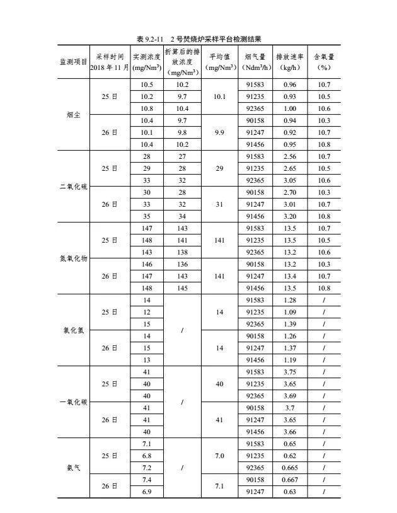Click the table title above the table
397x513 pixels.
coord(198,39)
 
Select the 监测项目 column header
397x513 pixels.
coord(73,61)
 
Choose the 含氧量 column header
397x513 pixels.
coord(324,61)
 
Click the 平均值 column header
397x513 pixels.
coord(219,61)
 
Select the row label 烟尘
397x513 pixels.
coord(73,115)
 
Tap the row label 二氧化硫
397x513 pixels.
coord(73,187)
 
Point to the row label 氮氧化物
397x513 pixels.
coord(73,258)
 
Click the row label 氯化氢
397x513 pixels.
coord(73,330)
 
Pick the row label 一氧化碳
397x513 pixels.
coord(73,402)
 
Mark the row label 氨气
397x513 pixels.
coord(73,468)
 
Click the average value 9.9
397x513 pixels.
coord(219,132)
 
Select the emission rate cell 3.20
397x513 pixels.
coord(290,216)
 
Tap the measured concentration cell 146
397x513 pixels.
coord(147,264)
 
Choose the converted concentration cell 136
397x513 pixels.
coord(182,264)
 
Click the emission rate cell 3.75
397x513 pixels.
coord(290,372)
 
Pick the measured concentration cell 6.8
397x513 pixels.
coord(147,456)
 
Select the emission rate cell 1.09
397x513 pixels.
coord(290,312)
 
